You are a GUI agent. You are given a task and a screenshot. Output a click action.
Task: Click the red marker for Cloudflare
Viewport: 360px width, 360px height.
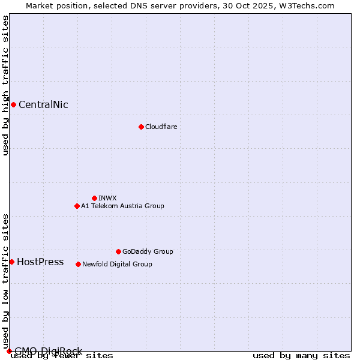click(141, 127)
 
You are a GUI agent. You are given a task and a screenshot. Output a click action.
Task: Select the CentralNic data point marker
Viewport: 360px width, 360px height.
click(13, 105)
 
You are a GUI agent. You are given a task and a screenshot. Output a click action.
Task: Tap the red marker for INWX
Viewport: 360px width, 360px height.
click(94, 198)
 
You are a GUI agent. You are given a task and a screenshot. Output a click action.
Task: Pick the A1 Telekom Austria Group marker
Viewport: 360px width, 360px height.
click(77, 206)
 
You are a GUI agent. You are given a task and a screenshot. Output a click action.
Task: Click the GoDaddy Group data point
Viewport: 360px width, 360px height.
click(118, 251)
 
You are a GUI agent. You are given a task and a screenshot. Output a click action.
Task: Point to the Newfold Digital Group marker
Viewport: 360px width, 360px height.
click(78, 264)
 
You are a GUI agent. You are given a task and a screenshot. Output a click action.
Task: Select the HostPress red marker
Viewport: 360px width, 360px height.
click(11, 262)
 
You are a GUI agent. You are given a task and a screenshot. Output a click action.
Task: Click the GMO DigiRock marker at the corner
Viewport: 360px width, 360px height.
click(8, 351)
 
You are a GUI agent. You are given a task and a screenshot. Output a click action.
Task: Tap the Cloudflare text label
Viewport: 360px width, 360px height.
click(161, 127)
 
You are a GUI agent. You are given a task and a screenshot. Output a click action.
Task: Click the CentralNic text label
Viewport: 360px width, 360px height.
click(43, 105)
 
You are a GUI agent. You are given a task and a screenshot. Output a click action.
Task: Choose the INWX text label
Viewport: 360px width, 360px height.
click(107, 198)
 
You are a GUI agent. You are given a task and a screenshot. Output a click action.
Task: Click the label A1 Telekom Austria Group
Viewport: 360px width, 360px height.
click(122, 206)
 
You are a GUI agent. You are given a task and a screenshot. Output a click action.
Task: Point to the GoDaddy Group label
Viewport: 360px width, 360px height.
click(148, 251)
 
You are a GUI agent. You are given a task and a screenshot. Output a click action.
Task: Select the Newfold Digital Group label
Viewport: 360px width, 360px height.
click(117, 264)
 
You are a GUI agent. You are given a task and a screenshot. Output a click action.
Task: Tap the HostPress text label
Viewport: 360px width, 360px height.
click(40, 262)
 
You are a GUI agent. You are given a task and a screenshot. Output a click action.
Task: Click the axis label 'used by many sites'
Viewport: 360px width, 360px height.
click(301, 356)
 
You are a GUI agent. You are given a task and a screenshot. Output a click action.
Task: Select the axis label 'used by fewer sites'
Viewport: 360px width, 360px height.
click(62, 356)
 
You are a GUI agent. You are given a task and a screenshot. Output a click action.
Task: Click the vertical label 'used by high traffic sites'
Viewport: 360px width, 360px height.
click(5, 85)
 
